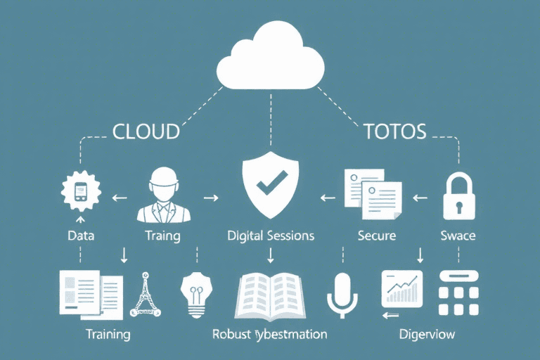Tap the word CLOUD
coord(146,131)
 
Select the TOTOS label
coord(394,131)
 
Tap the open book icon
coord(270,295)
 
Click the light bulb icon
coord(195,294)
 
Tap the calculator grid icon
coord(458,294)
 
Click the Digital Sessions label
coord(270,236)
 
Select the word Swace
coord(458,236)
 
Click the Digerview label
coord(427,333)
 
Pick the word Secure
coord(377,236)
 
